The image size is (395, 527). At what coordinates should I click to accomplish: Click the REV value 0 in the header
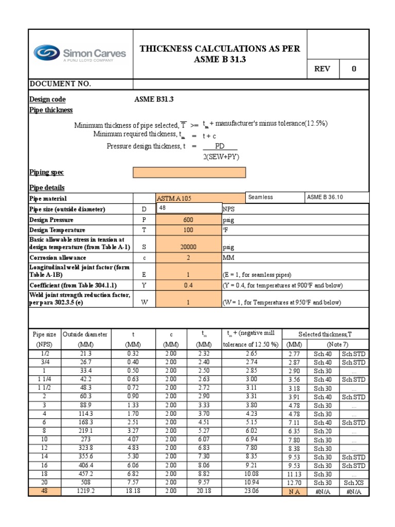tap(353, 69)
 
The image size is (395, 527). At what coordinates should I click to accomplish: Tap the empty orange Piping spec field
tap(189, 172)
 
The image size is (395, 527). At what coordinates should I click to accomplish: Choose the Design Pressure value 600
tap(188, 220)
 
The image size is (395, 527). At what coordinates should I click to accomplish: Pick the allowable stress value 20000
tap(188, 247)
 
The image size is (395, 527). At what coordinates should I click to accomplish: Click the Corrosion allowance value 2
tap(188, 257)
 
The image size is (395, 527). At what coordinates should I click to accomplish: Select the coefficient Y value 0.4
tap(188, 285)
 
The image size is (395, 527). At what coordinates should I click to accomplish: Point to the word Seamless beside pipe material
tap(261, 198)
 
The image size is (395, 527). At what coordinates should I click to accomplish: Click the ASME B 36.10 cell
tap(325, 198)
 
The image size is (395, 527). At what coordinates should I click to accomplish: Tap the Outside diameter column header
tap(85, 334)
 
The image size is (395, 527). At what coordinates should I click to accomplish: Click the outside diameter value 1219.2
tap(85, 491)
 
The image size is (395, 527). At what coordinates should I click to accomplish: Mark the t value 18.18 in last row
tap(133, 491)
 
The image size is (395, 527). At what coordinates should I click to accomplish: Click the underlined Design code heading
tap(47, 99)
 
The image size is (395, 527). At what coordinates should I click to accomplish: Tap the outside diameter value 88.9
tap(85, 406)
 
